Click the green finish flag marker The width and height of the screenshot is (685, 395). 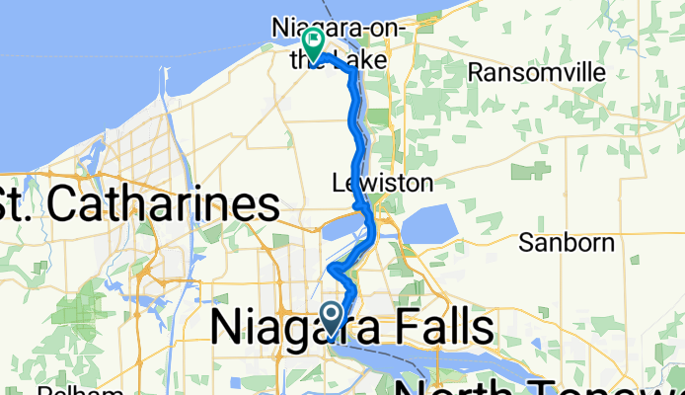pyautogui.click(x=314, y=42)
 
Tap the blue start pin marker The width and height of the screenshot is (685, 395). pyautogui.click(x=333, y=317)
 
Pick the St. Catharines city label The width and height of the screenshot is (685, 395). pyautogui.click(x=139, y=204)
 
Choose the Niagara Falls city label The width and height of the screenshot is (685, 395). pyautogui.click(x=349, y=327)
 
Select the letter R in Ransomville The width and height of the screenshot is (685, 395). pyautogui.click(x=475, y=72)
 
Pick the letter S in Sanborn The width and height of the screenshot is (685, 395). pyautogui.click(x=528, y=242)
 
